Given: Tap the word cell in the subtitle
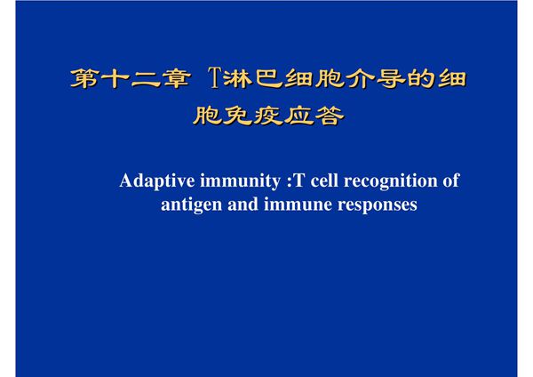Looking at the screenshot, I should pyautogui.click(x=322, y=182).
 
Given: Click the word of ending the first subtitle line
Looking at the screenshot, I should pyautogui.click(x=450, y=182).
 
